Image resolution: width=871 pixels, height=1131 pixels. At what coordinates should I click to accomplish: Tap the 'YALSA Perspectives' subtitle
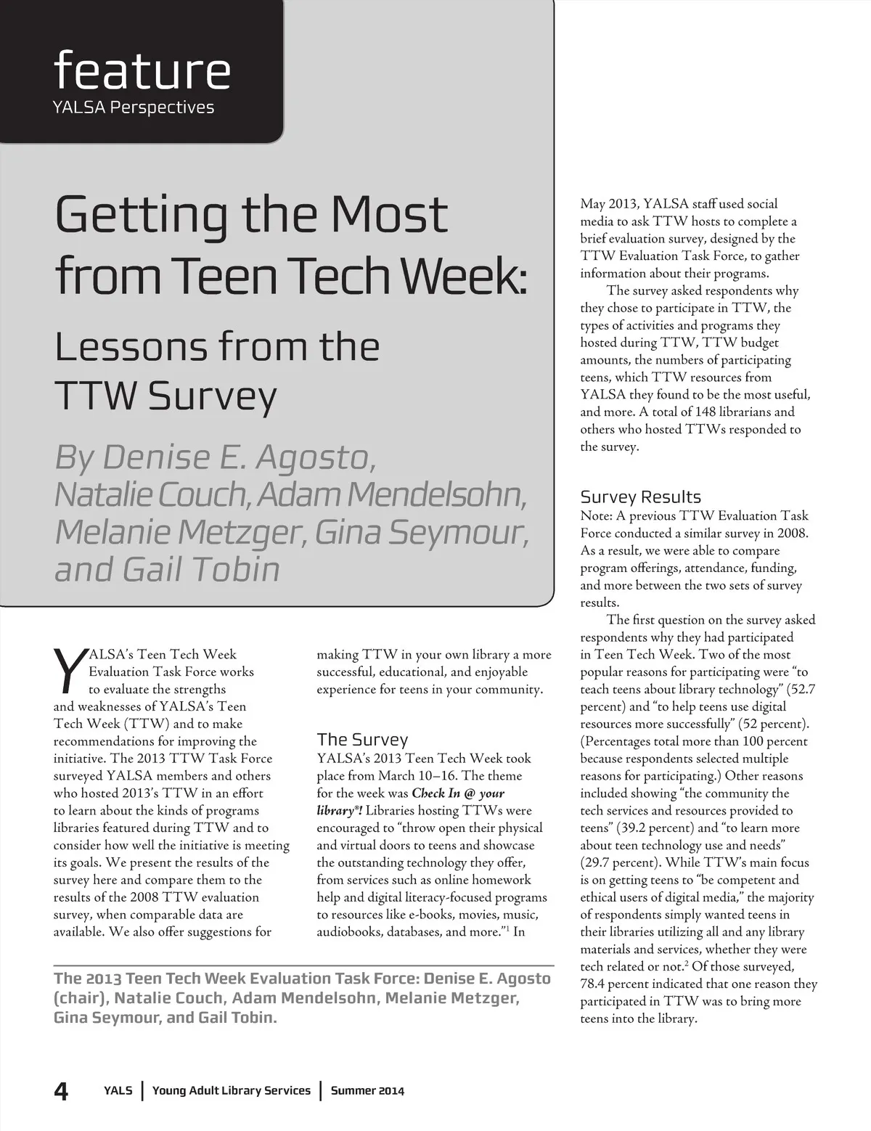click(134, 107)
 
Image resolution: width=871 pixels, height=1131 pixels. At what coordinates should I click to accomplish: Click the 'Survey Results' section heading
click(640, 497)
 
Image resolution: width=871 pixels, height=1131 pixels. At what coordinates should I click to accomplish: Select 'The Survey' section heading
click(362, 740)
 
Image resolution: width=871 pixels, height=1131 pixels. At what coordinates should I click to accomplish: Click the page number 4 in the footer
click(62, 1090)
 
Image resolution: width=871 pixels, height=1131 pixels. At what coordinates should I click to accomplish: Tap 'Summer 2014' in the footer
click(367, 1090)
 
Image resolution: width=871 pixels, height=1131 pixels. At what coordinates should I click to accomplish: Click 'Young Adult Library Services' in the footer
click(232, 1090)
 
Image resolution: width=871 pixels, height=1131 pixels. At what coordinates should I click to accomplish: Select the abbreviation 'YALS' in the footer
click(118, 1090)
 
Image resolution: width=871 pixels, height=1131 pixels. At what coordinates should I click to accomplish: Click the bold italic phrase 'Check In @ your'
click(458, 793)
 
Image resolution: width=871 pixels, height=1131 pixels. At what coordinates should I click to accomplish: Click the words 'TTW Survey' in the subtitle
click(165, 396)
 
